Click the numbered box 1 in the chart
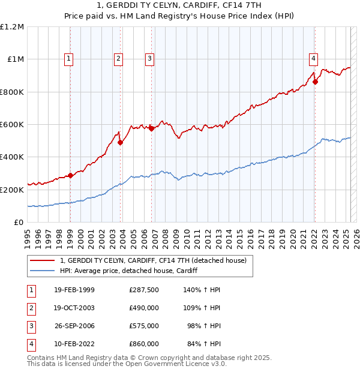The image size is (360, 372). pos(70,58)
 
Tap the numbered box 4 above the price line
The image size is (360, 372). pos(314,58)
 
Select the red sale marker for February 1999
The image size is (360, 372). pos(70,175)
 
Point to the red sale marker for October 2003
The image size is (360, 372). pos(120,142)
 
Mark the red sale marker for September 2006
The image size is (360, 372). pos(151,128)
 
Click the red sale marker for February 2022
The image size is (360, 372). pos(315,82)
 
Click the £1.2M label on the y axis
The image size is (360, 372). pos(12,27)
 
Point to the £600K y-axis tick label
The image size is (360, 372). pos(12,125)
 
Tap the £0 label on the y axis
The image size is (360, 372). pos(19,222)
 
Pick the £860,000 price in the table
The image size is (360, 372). pos(143,344)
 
